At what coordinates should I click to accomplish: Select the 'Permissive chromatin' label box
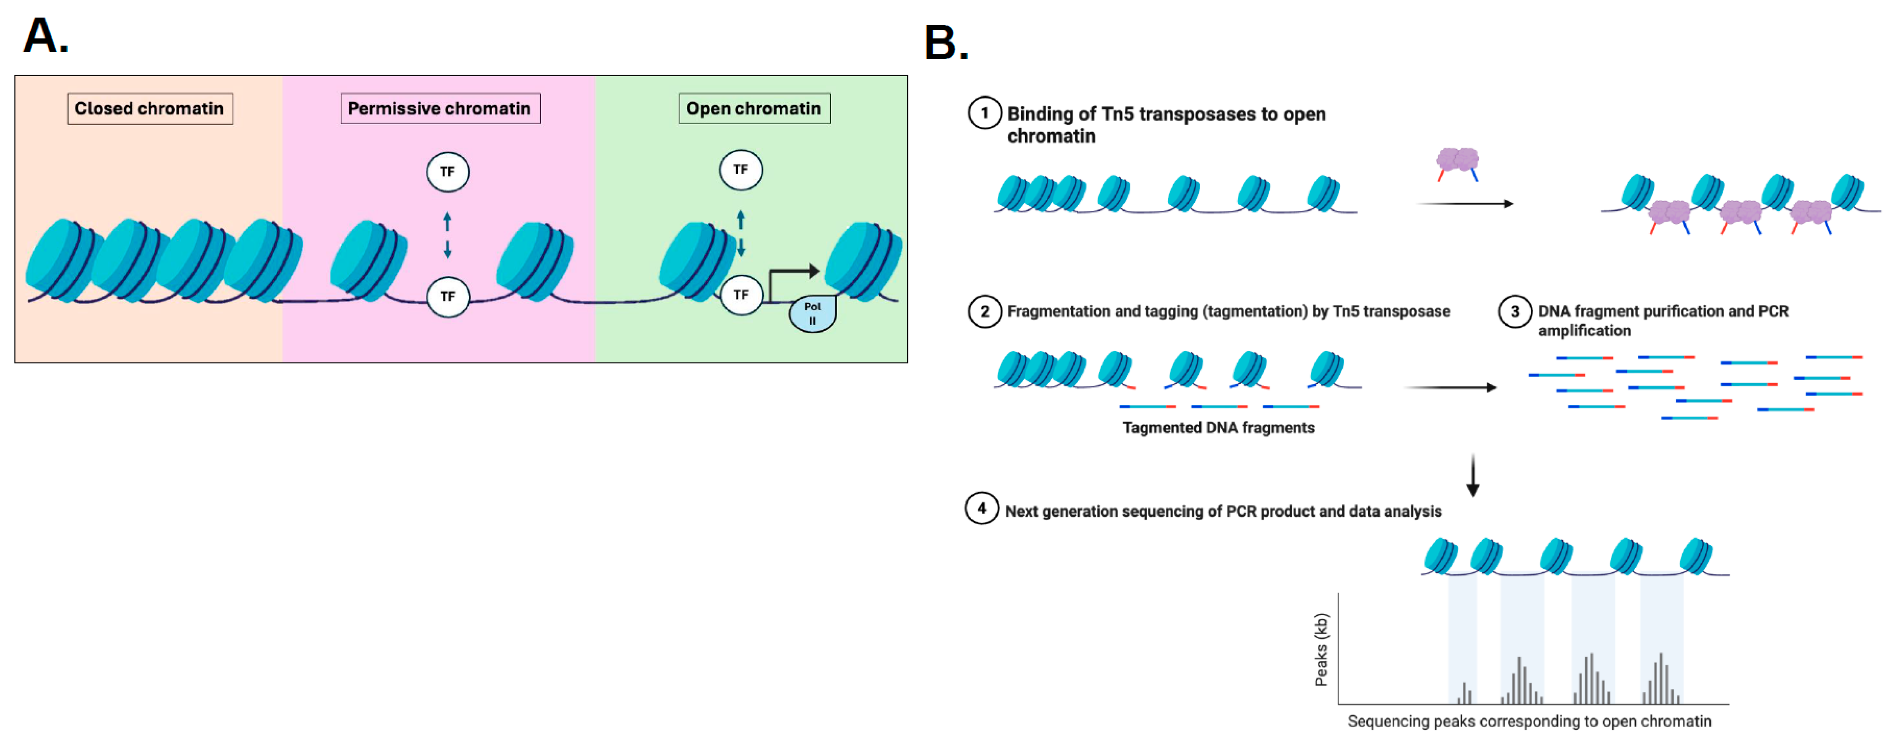coord(440,109)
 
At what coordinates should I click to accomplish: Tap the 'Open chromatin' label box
coord(754,109)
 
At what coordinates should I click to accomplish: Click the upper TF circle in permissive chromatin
coord(447,172)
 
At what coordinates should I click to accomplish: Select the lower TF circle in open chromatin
coord(741,295)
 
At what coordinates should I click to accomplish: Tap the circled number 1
coord(984,114)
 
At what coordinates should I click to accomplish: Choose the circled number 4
coord(981,508)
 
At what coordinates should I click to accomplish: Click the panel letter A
coord(46,35)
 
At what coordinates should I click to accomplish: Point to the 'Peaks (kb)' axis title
coord(1320,650)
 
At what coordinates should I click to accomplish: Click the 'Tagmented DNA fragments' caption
coord(1218,428)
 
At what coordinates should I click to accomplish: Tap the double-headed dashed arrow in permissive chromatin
coord(447,236)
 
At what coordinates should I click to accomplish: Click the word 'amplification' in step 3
coord(1584,331)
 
